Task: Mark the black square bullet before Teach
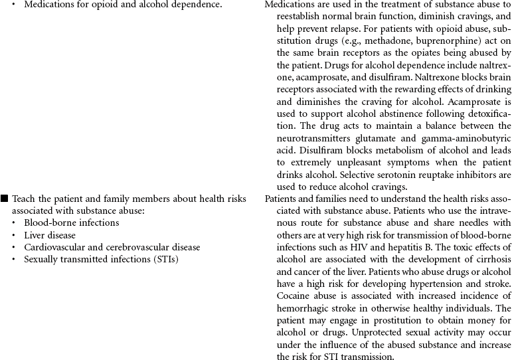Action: [x=5, y=199]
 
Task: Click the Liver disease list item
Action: [x=50, y=235]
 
